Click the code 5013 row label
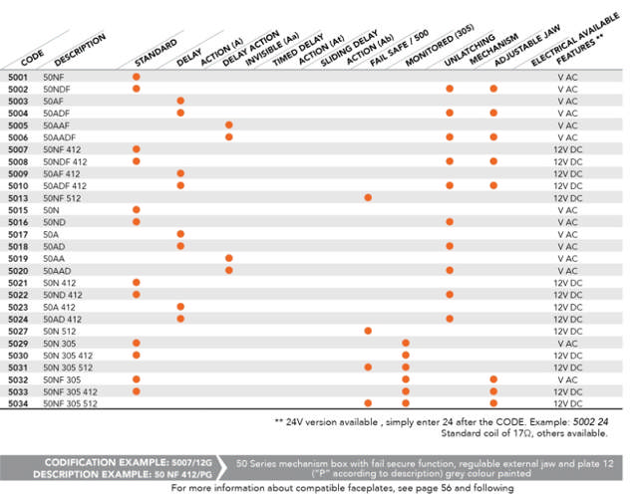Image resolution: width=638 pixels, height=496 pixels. (x=18, y=198)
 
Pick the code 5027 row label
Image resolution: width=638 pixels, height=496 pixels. (x=18, y=331)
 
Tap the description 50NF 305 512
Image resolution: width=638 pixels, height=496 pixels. (x=70, y=403)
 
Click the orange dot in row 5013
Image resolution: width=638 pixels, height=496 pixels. (x=368, y=197)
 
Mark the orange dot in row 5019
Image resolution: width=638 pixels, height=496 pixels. (x=229, y=258)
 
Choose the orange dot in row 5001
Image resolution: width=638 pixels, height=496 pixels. (x=137, y=77)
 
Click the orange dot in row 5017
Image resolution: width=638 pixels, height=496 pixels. (x=180, y=234)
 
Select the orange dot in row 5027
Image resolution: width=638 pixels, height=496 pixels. (x=368, y=331)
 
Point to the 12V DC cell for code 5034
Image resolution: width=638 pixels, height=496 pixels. (x=567, y=403)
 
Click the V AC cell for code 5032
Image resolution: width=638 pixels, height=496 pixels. (x=567, y=379)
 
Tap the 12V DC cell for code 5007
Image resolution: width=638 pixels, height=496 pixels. (x=567, y=149)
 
